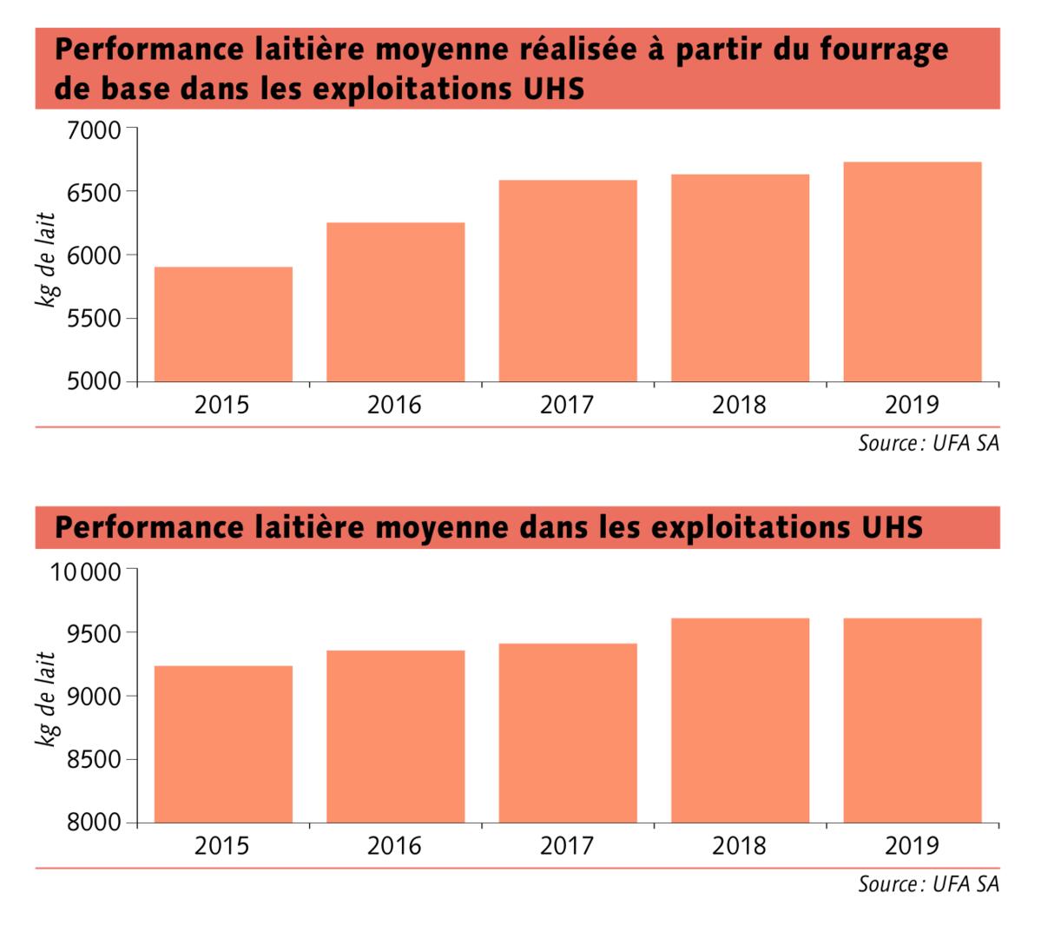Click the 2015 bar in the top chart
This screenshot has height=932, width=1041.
(x=223, y=324)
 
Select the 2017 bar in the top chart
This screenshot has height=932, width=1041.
(x=567, y=281)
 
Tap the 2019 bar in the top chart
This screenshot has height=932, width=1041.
(x=912, y=272)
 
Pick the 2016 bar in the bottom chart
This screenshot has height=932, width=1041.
(x=395, y=737)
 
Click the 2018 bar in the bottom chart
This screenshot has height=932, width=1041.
(x=740, y=720)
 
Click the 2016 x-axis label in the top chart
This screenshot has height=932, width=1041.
(x=395, y=406)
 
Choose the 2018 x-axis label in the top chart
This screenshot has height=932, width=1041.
(x=740, y=406)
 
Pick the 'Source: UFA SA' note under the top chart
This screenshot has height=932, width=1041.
(x=928, y=444)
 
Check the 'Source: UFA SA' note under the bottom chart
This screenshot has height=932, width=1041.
(x=928, y=885)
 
